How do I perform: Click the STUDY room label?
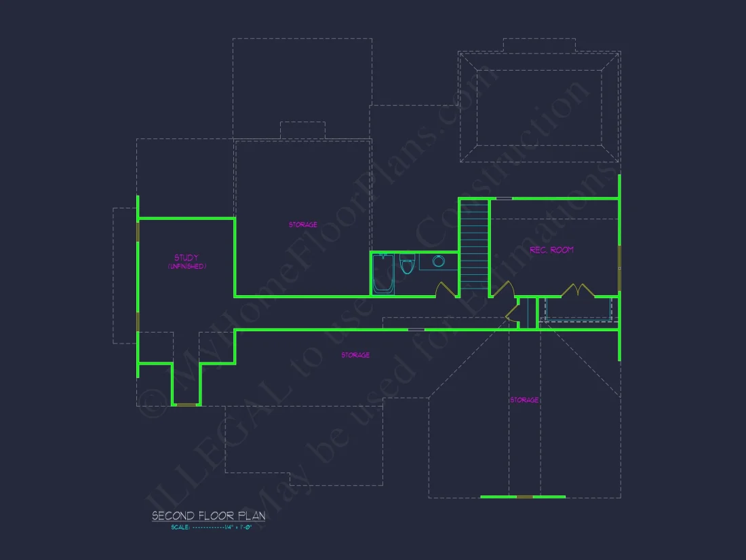[186, 258]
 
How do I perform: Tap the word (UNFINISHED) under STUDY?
[186, 267]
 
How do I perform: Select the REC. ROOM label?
[551, 250]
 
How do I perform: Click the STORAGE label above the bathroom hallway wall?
[302, 225]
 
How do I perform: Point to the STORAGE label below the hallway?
[355, 355]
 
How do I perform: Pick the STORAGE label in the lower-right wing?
[524, 400]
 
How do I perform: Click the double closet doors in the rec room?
[578, 290]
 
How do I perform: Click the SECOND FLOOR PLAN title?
[208, 516]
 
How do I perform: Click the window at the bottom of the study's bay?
[186, 405]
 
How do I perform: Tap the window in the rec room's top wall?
[504, 198]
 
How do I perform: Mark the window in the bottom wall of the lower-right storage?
[525, 497]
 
